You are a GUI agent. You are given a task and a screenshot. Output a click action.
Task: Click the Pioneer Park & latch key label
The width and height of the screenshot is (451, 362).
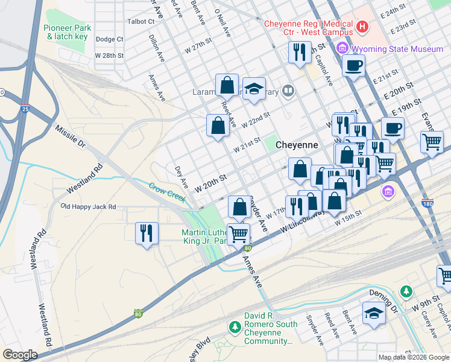66,32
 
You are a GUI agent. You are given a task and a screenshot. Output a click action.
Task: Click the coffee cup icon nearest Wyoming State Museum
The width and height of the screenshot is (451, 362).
353,65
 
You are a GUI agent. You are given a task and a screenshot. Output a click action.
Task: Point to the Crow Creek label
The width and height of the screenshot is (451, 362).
166,187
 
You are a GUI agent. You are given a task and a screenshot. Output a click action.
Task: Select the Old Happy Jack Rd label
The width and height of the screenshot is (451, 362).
88,207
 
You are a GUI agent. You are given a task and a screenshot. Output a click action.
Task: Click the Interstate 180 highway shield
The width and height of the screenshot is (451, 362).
427,205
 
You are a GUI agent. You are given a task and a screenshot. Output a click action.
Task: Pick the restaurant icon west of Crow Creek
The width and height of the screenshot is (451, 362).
147,232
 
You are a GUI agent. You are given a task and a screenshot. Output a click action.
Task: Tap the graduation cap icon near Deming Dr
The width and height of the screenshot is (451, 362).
374,313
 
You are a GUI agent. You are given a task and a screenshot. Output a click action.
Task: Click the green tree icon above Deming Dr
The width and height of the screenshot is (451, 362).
407,291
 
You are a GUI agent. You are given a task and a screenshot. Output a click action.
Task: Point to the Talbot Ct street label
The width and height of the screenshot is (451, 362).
142,21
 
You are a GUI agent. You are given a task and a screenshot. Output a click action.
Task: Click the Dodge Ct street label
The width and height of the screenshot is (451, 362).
109,39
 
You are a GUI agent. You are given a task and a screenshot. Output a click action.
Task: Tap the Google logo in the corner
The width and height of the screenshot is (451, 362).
20,355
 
